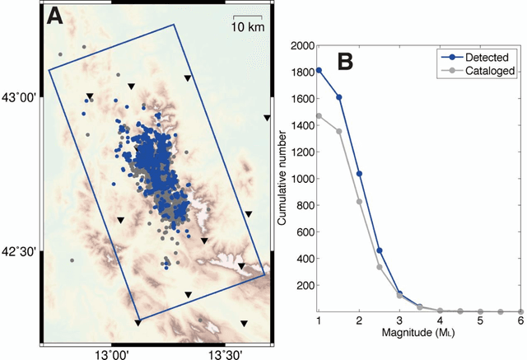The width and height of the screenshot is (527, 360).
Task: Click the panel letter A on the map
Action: (57, 17)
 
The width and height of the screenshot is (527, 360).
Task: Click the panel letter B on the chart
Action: (345, 61)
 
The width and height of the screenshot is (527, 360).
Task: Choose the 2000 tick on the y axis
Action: (302, 45)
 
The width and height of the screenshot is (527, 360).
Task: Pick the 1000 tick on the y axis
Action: (302, 179)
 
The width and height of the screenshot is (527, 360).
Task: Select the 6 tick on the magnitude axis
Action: (521, 320)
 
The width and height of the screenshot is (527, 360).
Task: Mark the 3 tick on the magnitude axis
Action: (399, 320)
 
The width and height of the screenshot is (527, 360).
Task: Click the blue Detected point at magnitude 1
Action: (319, 70)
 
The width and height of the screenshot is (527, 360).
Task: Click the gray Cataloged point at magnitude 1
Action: (319, 116)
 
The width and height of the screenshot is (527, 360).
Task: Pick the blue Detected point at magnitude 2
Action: (359, 173)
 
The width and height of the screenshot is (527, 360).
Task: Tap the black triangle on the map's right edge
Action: (267, 118)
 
